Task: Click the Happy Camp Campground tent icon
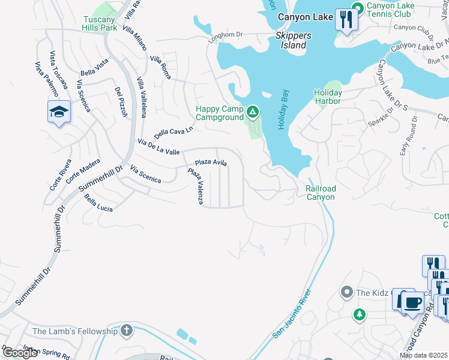coord(253,111)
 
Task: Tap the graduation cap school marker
coord(59,112)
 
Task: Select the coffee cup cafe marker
coord(411,301)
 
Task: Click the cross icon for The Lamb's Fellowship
coord(126,331)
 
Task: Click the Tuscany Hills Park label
coord(100,23)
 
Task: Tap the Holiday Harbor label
coord(328,97)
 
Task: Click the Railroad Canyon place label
coord(321,192)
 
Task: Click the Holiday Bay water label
coord(283,110)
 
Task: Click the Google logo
coord(20,353)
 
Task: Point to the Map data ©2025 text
coord(424,355)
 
